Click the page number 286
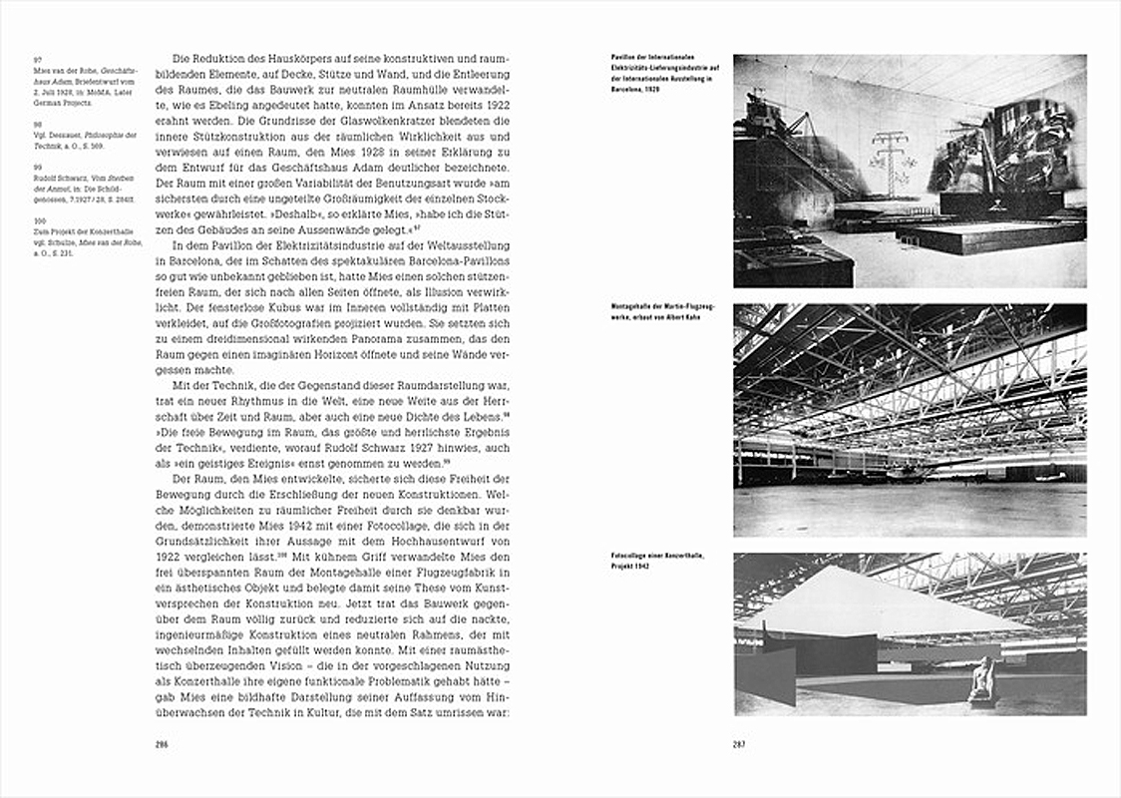pos(162,744)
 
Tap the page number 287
pos(740,744)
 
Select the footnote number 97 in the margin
pos(37,60)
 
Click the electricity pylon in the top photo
pos(886,160)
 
